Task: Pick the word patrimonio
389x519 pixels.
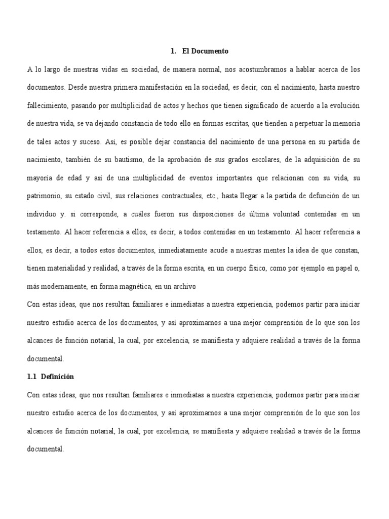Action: coord(44,197)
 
